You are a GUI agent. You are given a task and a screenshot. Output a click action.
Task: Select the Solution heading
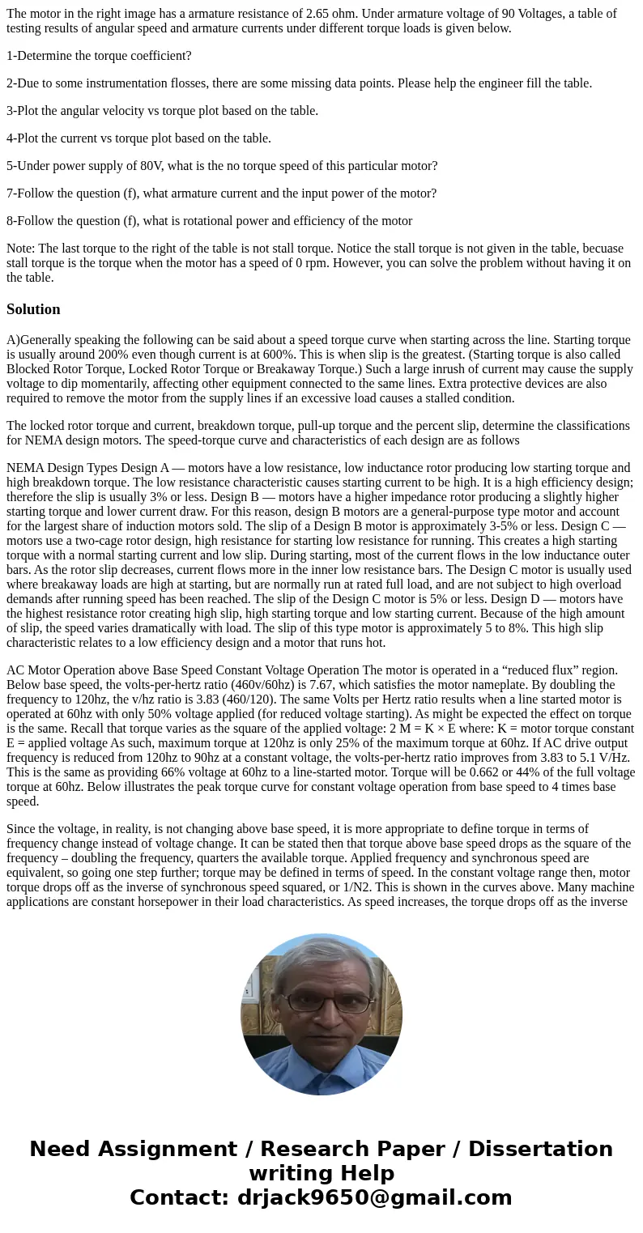(x=33, y=309)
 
